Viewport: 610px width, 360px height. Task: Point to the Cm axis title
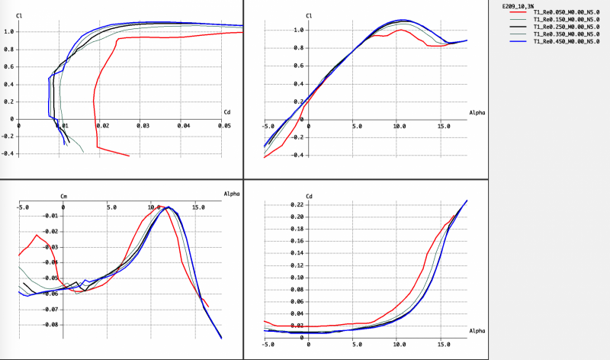[64, 196]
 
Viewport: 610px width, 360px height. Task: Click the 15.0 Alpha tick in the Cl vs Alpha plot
[441, 127]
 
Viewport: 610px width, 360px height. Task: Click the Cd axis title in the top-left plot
[227, 112]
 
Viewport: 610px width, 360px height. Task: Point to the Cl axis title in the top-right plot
[309, 15]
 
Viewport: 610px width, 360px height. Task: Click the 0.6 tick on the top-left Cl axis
[9, 66]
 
